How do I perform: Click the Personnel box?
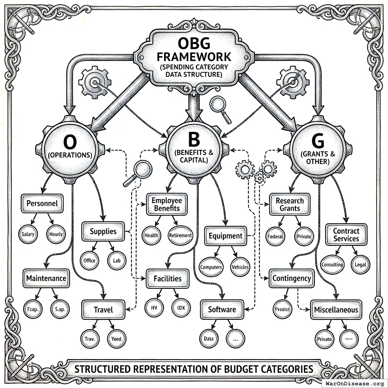42,203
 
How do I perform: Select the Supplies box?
103,231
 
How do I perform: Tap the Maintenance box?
46,278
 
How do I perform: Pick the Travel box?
103,310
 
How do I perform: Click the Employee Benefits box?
167,204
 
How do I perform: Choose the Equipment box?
225,236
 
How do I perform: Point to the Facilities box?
167,278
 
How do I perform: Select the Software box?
222,310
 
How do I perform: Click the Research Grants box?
290,204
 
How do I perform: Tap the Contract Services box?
346,235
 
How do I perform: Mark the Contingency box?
292,278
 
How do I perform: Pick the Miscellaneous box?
336,310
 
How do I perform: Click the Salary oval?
28,234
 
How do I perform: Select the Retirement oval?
180,235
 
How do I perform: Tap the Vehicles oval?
240,267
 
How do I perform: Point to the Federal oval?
275,236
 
